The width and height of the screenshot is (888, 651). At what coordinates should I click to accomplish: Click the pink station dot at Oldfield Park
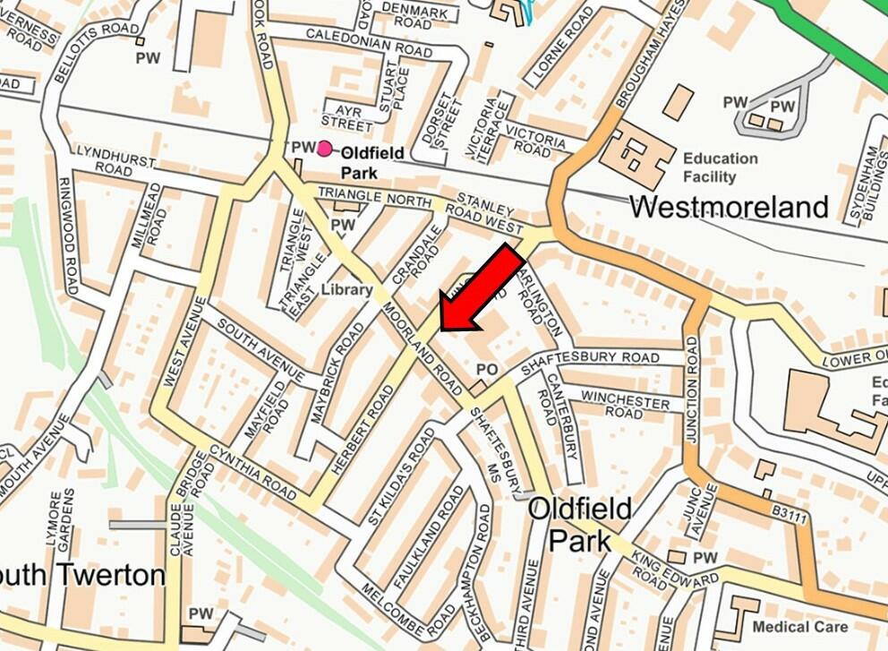point(324,149)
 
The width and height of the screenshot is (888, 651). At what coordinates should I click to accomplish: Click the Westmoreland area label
point(728,207)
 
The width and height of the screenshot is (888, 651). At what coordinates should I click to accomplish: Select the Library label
point(346,290)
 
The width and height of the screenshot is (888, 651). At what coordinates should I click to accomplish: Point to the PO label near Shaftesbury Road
point(486,369)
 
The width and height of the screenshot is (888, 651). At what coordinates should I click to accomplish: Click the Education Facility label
point(720,167)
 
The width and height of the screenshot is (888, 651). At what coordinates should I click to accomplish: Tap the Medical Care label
point(800,627)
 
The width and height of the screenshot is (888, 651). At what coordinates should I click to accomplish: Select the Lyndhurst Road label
point(114,159)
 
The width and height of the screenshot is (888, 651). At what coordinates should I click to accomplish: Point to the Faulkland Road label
point(440,530)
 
